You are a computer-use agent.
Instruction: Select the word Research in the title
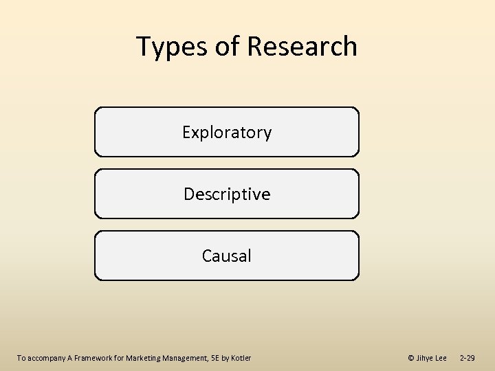coord(302,47)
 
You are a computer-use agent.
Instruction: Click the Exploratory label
coord(227,133)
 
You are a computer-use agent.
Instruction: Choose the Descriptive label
coord(227,194)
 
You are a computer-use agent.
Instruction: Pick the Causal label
coord(227,256)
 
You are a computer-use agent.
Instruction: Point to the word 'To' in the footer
coord(21,358)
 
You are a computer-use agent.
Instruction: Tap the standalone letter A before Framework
coord(69,358)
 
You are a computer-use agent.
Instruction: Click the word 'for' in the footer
coord(119,358)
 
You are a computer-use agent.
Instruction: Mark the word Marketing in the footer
coord(143,358)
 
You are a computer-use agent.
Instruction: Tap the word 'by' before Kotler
coord(228,358)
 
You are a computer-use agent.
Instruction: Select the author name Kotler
coord(242,358)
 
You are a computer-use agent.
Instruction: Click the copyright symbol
coord(411,358)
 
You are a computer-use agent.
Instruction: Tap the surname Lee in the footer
coord(441,358)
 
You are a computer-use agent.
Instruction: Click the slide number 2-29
coord(467,358)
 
